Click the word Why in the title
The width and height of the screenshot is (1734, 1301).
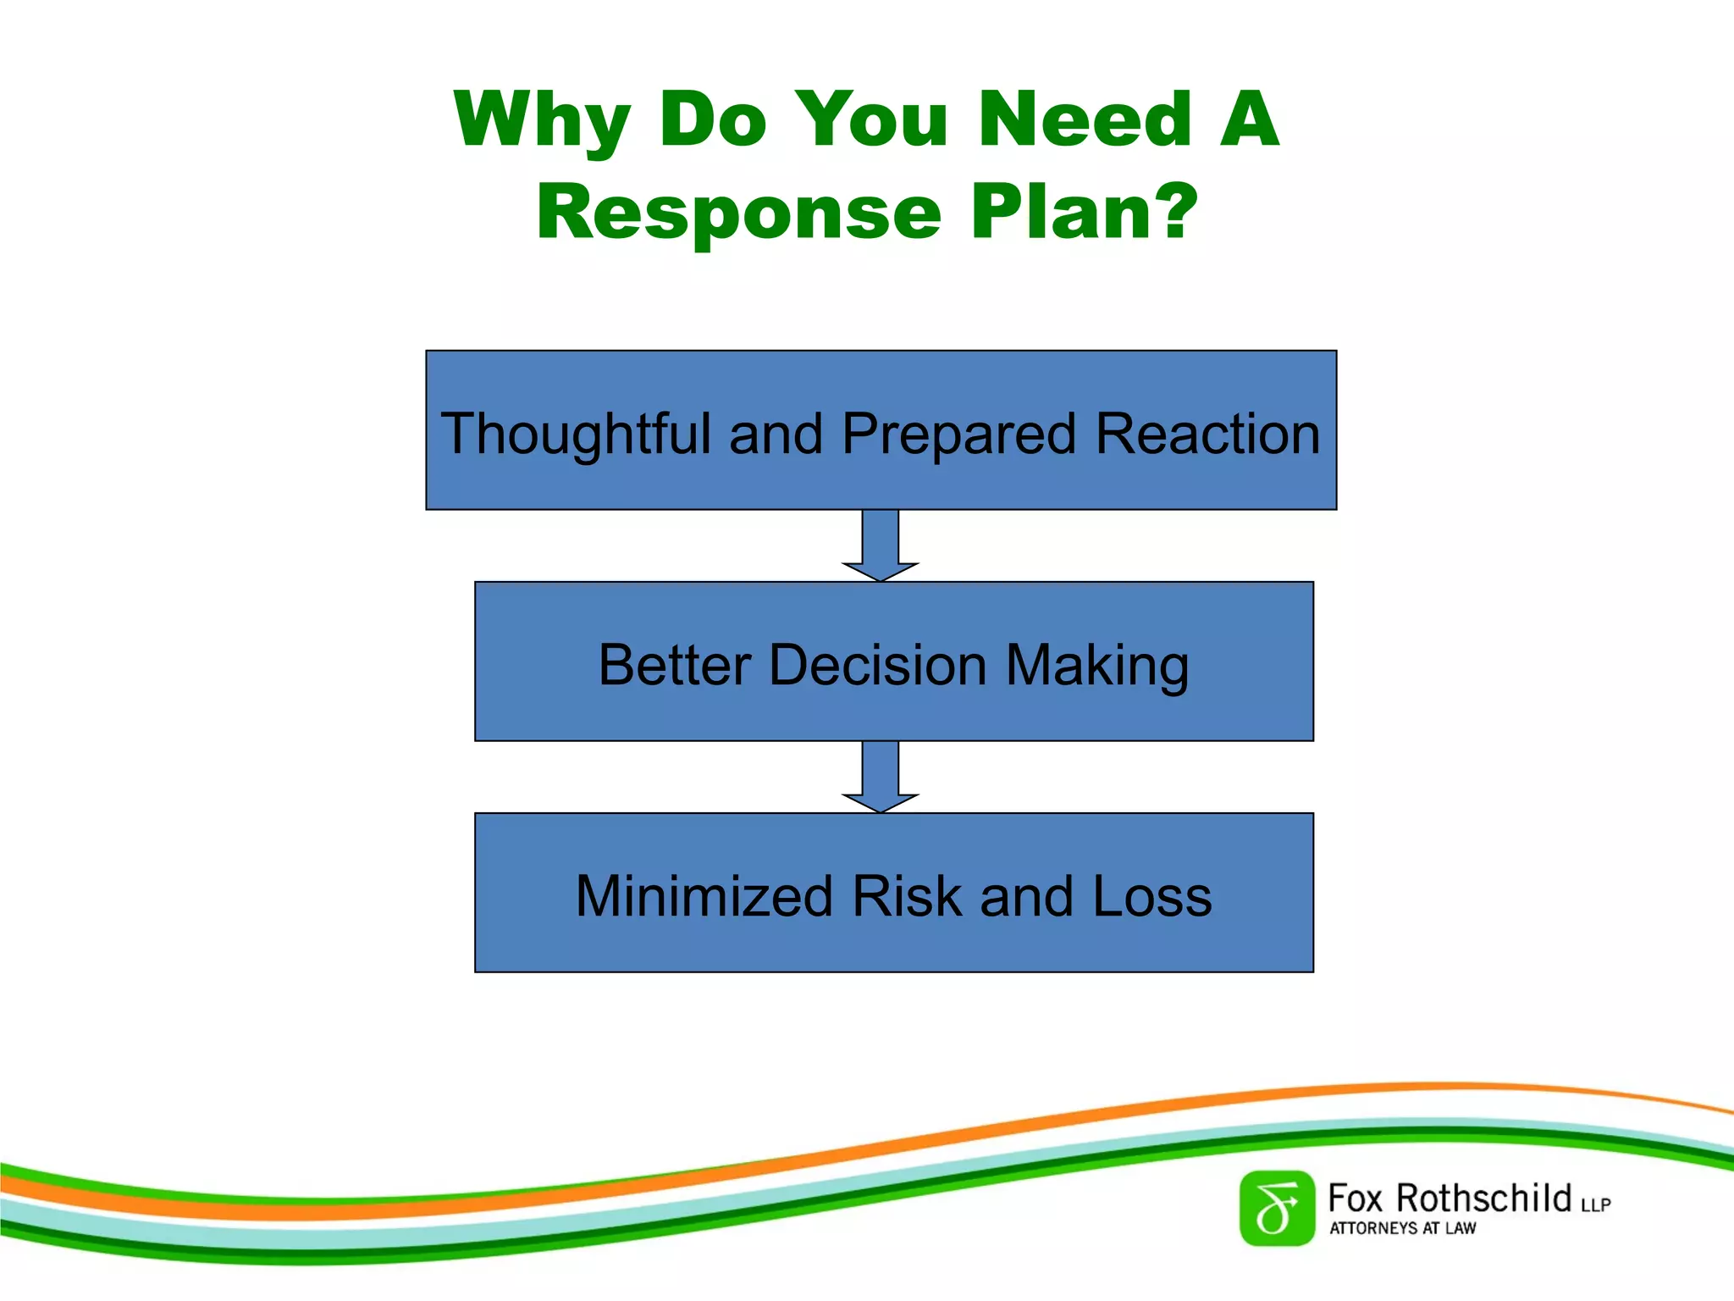543,120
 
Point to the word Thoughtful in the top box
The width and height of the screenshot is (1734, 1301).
576,434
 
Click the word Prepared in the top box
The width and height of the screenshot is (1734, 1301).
958,434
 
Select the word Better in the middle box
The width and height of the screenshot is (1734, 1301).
674,665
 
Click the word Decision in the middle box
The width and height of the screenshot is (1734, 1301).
878,665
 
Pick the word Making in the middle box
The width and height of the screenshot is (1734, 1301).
1097,665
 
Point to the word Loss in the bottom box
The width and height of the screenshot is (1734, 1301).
1152,896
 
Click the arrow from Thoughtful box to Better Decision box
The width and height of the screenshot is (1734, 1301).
881,545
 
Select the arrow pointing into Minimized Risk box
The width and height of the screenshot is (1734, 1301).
881,776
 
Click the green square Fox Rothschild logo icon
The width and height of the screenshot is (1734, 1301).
1277,1208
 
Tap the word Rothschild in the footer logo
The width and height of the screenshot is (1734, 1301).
1483,1199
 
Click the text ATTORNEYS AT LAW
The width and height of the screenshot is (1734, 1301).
1402,1228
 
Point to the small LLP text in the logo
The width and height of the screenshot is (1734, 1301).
1595,1204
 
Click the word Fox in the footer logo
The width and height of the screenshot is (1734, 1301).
1355,1199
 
